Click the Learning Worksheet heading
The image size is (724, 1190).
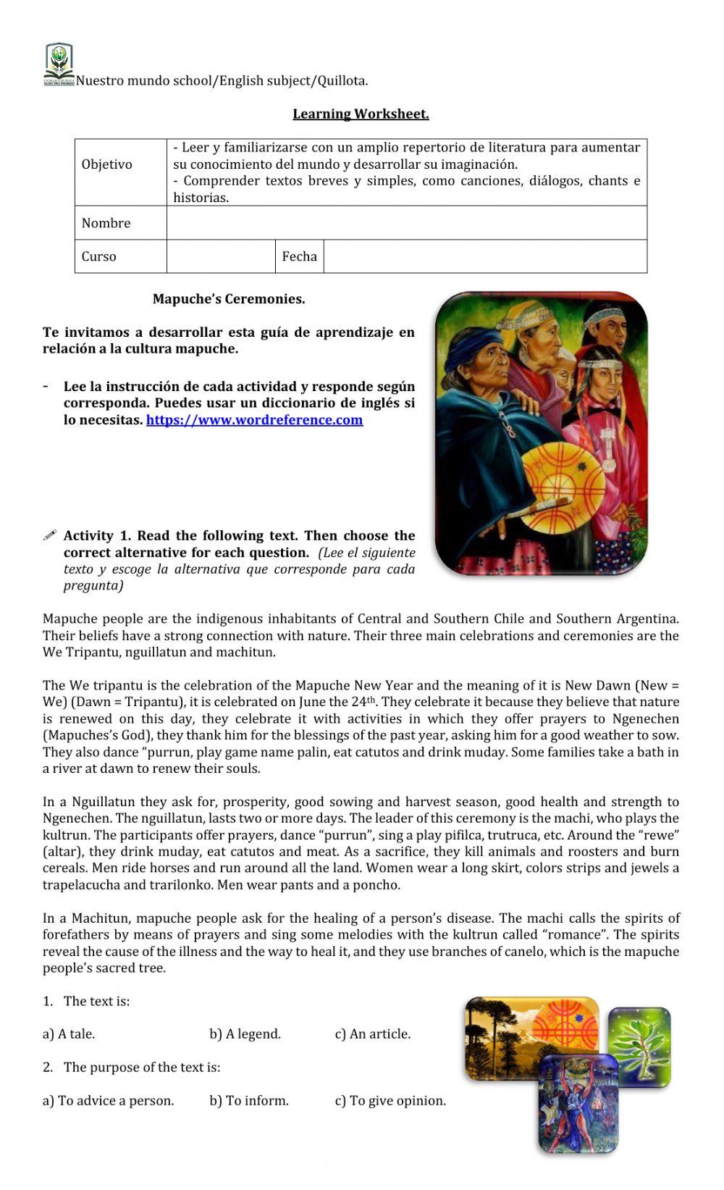tap(361, 114)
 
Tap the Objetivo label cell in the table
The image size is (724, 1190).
tap(107, 164)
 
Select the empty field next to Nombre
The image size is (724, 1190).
tap(406, 223)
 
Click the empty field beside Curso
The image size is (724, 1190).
tap(221, 256)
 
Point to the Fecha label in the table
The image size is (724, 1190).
tap(299, 256)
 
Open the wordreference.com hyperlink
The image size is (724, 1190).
tap(254, 420)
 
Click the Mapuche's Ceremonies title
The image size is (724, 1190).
tap(229, 299)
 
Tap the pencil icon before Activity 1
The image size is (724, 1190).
tap(49, 536)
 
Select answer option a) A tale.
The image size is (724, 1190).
tap(69, 1034)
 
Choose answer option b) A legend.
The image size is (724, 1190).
tap(245, 1034)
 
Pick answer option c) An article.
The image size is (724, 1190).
tap(372, 1034)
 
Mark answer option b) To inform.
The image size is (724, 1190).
tap(249, 1101)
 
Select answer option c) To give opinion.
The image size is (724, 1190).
tap(390, 1101)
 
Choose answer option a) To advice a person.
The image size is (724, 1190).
tap(109, 1101)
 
